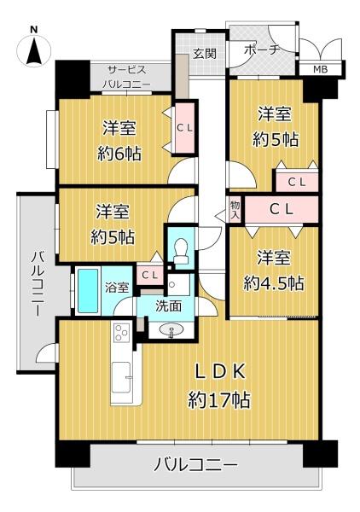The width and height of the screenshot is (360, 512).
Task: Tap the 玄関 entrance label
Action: [205, 53]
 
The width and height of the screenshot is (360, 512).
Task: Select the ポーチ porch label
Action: [262, 50]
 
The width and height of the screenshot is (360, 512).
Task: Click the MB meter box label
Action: [320, 69]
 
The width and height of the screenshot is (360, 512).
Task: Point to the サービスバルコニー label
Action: [127, 77]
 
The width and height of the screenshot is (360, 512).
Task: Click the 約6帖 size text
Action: [119, 153]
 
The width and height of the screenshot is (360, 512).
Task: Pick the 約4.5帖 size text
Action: [274, 283]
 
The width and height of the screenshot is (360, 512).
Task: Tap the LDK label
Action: [220, 372]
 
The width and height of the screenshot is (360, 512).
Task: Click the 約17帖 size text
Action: [219, 399]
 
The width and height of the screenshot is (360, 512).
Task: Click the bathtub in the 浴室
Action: [88, 291]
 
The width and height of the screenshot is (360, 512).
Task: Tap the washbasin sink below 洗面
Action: [171, 329]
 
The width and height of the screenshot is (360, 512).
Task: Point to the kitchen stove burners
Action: [121, 333]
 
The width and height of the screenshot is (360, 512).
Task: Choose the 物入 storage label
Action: [235, 210]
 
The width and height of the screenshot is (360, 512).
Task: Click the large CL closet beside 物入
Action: [282, 210]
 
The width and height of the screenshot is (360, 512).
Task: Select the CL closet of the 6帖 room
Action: [185, 128]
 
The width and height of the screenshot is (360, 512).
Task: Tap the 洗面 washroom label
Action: [168, 306]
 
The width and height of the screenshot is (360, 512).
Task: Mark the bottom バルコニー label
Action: [195, 464]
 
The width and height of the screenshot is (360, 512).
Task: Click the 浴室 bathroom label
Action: [117, 288]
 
